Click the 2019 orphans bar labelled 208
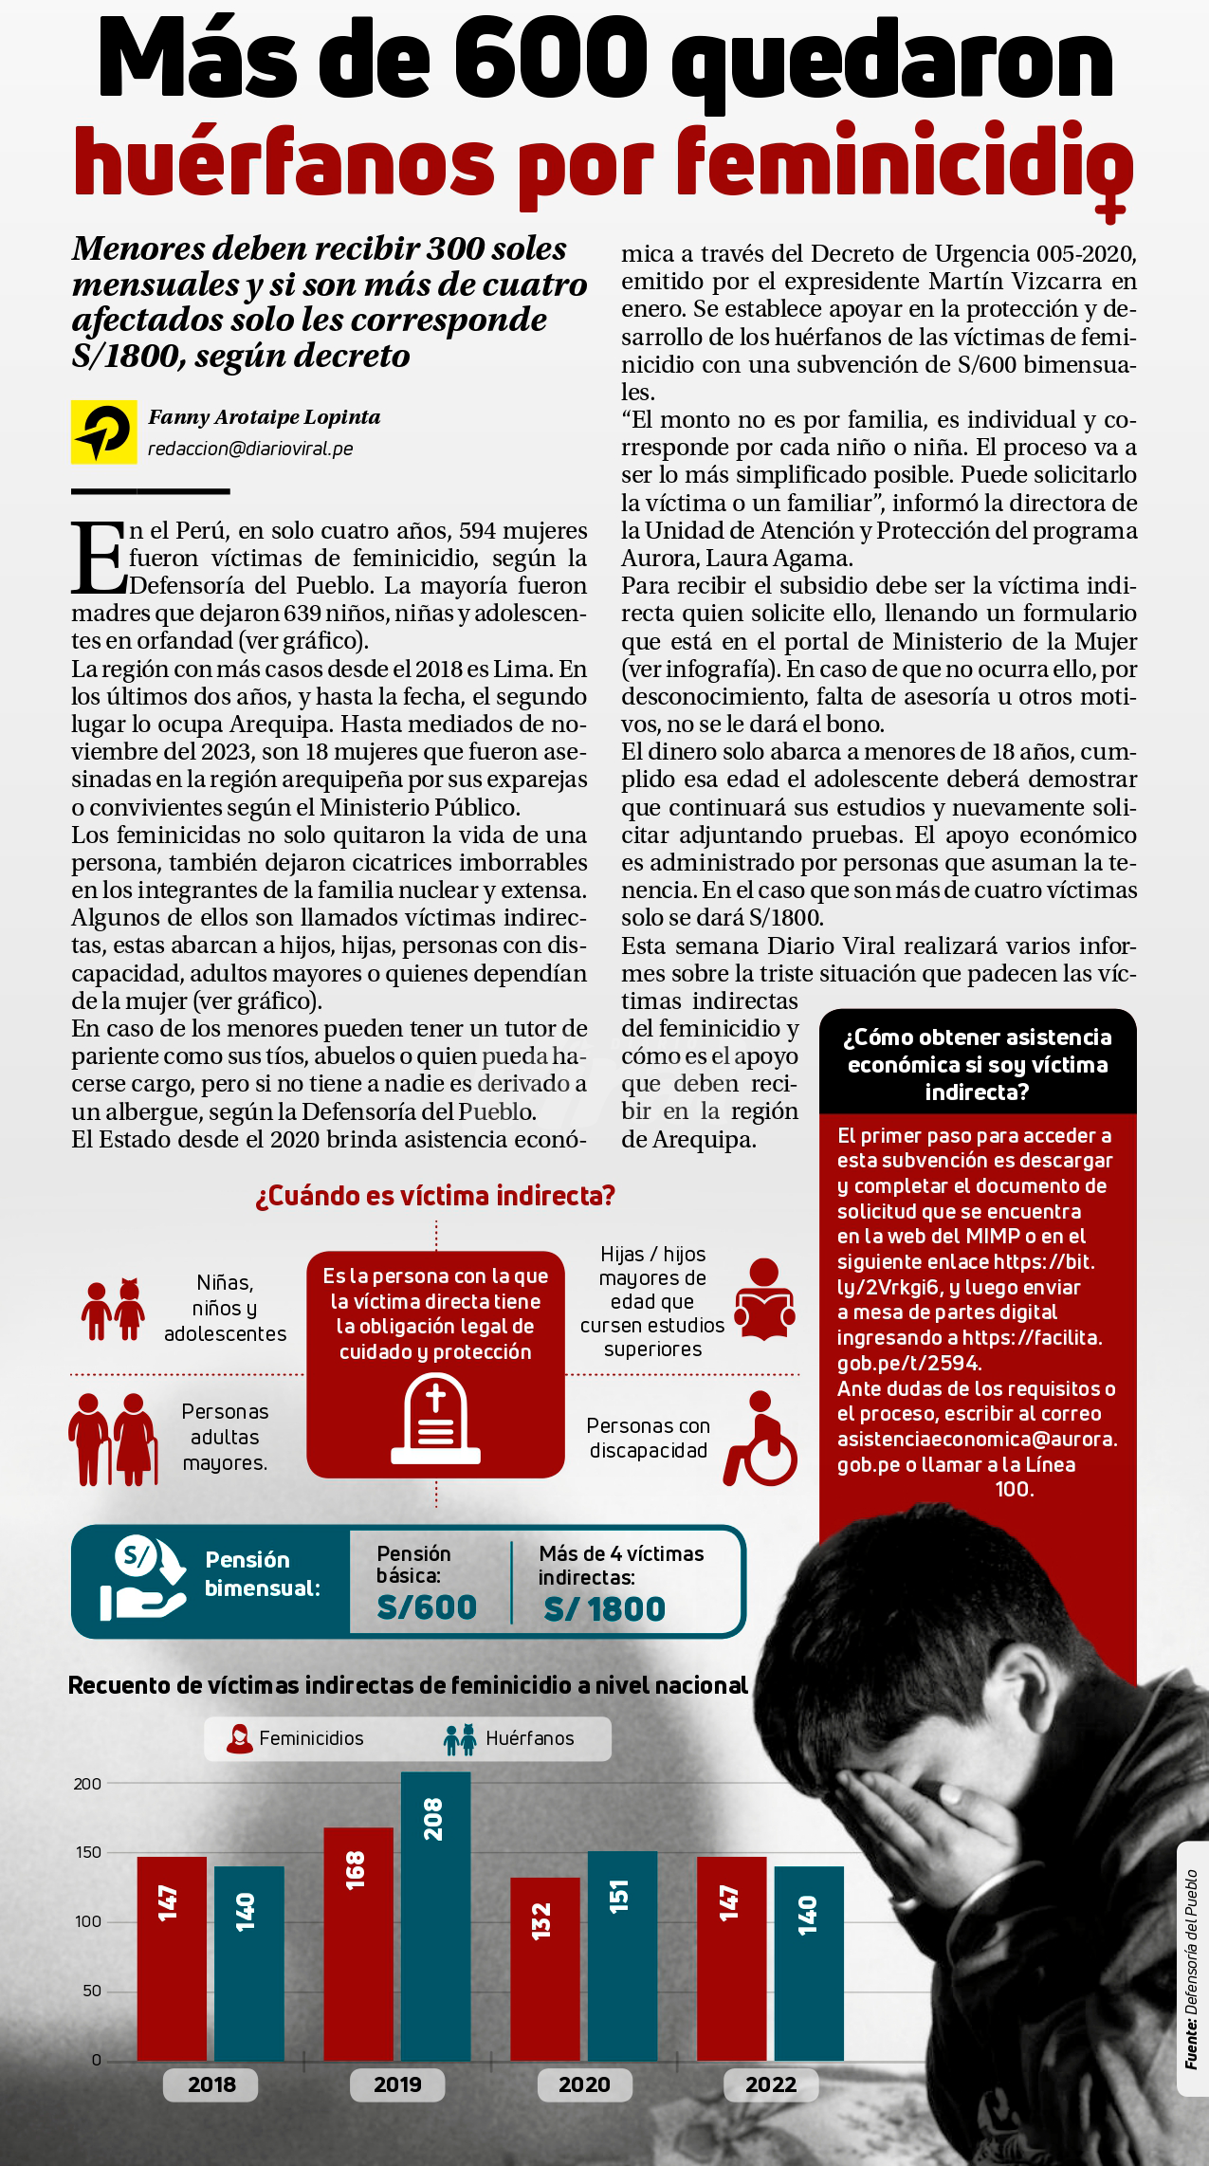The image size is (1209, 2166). click(435, 1915)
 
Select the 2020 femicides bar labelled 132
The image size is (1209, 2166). click(544, 1967)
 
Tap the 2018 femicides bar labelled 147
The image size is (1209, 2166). click(171, 1957)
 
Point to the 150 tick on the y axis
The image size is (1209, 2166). click(88, 1852)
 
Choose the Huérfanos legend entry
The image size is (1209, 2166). click(509, 1738)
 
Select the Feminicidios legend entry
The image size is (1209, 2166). click(295, 1738)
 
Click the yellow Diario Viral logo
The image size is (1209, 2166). click(103, 432)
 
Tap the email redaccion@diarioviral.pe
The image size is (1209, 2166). click(250, 449)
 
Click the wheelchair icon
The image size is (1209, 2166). click(760, 1438)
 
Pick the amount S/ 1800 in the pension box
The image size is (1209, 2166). click(605, 1608)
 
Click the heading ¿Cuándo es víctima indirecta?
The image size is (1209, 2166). click(435, 1196)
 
